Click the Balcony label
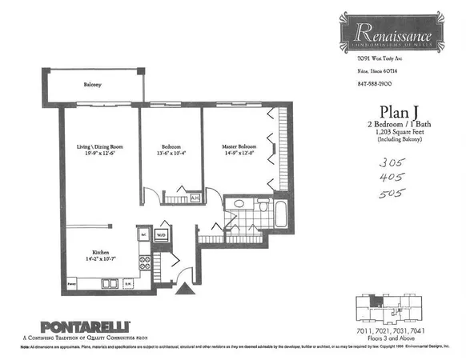tap(95, 84)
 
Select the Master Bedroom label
tap(239, 147)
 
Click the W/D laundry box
tap(160, 235)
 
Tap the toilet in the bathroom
tap(262, 206)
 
